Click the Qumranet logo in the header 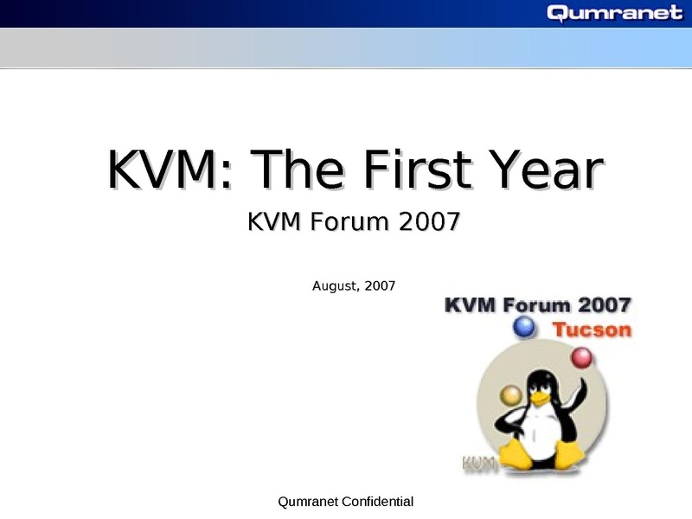pos(615,13)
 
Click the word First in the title pos(417,169)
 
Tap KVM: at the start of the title pos(170,169)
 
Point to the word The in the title pos(297,169)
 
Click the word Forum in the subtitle pos(349,221)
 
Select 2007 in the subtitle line pos(429,221)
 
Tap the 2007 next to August pos(380,286)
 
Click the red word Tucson pos(593,330)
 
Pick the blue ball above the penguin pos(524,328)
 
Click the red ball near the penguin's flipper pos(581,357)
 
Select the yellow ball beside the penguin pos(511,395)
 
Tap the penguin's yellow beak pos(539,399)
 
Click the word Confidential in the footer pos(377,502)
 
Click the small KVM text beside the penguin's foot pos(479,464)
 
